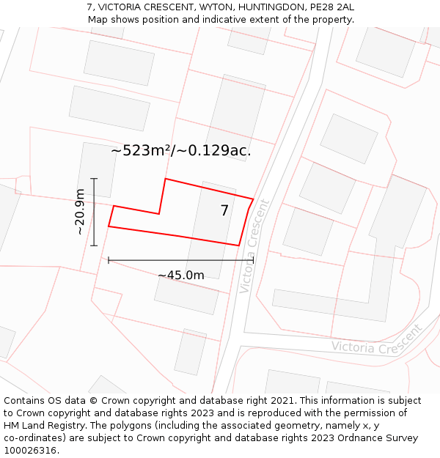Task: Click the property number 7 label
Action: point(224,211)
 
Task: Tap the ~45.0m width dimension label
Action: point(180,276)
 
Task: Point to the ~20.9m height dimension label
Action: point(80,212)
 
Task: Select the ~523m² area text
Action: point(142,151)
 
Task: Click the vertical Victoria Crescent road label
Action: point(254,246)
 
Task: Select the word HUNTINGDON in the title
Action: point(263,7)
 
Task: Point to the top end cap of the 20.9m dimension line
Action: point(94,178)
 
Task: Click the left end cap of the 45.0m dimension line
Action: point(109,260)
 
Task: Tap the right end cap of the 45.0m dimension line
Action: point(253,260)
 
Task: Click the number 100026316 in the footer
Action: point(29,451)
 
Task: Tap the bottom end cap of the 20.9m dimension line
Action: point(94,245)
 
